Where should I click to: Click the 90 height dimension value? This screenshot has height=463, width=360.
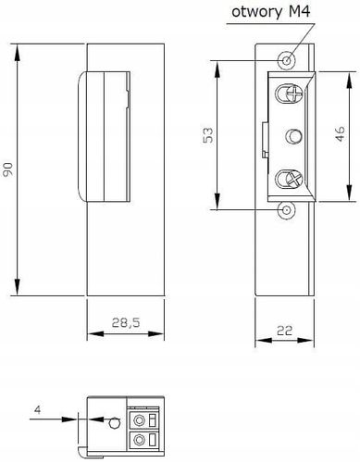(7, 169)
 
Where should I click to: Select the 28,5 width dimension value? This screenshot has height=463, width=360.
(126, 322)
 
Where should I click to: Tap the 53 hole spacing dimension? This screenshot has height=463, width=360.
(208, 135)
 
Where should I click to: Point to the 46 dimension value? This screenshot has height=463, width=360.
(340, 134)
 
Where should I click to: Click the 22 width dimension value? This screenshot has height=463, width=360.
(284, 331)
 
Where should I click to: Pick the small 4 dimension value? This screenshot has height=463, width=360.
(38, 409)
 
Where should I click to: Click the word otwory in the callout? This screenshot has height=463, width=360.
(256, 12)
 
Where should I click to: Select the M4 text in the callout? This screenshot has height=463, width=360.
(299, 11)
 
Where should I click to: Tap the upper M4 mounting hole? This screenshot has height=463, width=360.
(287, 60)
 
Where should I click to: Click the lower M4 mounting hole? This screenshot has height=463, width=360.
(287, 210)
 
